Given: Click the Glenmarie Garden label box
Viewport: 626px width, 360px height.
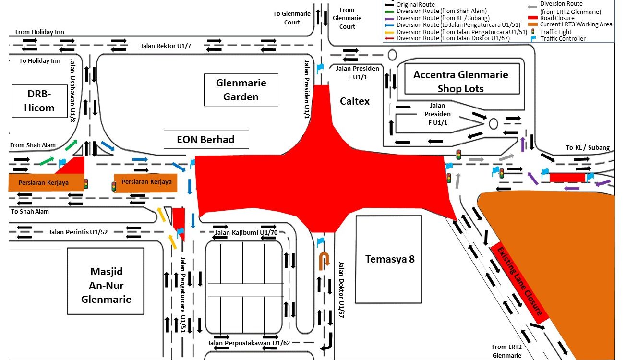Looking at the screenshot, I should pos(241,90).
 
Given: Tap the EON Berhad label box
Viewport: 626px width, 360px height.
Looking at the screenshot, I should pos(206,140).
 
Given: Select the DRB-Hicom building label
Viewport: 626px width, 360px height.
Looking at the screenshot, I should pos(39,101).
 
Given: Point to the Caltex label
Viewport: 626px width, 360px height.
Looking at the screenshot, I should pos(355,101).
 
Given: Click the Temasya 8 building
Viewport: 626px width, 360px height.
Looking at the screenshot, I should pos(389,259).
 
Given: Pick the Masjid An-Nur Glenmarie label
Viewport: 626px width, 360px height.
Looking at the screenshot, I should pos(106,285).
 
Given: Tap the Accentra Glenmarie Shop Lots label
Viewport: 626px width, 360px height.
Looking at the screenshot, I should pos(460,81).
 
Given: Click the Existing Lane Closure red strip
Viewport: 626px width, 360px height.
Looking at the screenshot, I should pos(519,284).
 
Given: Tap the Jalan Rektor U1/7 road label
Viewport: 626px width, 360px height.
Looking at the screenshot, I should pos(166,46).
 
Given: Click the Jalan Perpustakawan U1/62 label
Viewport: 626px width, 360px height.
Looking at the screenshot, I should pos(249,343).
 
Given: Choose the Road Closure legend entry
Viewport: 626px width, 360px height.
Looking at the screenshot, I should pos(557,18).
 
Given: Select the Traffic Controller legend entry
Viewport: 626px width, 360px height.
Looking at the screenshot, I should pos(563,39).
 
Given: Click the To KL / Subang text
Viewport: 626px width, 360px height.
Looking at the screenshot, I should pos(587,148).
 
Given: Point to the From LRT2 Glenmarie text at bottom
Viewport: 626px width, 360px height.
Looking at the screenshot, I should pos(506,351).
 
